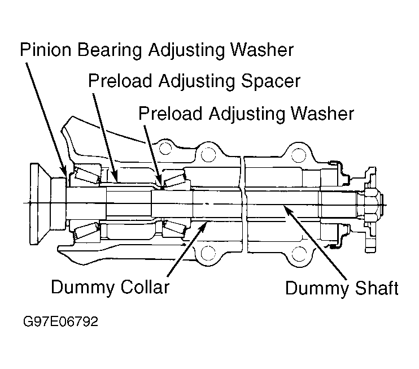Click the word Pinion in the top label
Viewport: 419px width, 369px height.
pyautogui.click(x=46, y=50)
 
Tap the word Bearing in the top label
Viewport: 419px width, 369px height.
pyautogui.click(x=110, y=51)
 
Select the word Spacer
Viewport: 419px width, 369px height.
pyautogui.click(x=270, y=81)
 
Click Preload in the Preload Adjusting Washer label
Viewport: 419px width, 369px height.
pyautogui.click(x=170, y=113)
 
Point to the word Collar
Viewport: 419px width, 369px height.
pyautogui.click(x=145, y=286)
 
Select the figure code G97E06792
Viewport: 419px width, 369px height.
pyautogui.click(x=60, y=322)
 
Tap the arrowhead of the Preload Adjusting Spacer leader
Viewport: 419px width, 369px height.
pyautogui.click(x=115, y=176)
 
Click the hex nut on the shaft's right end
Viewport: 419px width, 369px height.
pyautogui.click(x=370, y=203)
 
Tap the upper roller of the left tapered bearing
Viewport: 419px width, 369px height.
pyautogui.click(x=87, y=175)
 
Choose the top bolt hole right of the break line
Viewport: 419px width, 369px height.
pyautogui.click(x=298, y=155)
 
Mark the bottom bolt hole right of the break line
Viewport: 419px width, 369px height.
pyautogui.click(x=298, y=253)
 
